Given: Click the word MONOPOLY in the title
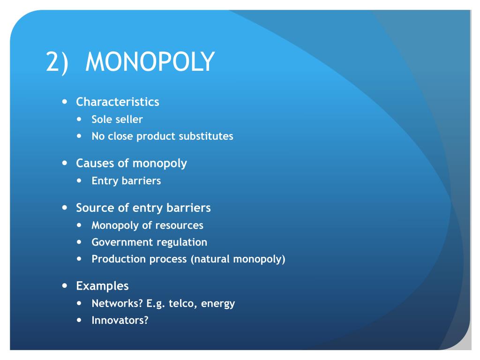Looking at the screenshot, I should point(150,61).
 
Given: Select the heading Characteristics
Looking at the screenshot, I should point(118,102).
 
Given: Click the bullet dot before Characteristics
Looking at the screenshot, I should point(65,101).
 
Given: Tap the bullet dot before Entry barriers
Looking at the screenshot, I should point(80,180).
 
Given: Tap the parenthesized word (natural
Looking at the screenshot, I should point(210,259).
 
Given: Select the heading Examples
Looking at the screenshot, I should point(102,285).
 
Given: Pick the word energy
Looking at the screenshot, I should point(218,304).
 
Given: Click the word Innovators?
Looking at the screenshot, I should point(120,321).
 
